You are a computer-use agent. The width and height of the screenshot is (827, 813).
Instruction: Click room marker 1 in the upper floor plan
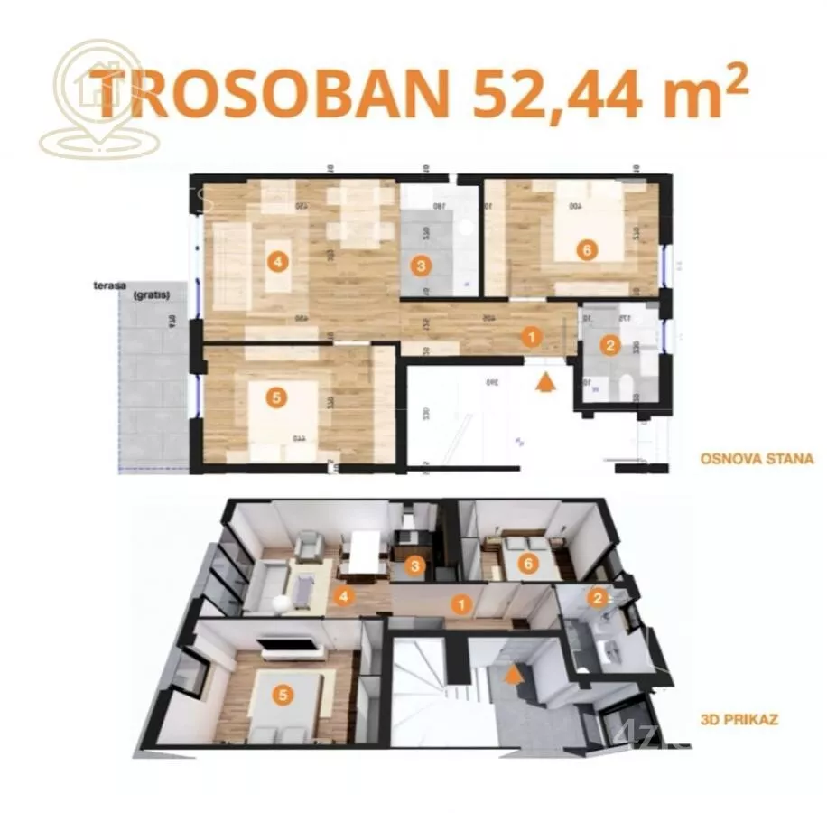[x=532, y=338]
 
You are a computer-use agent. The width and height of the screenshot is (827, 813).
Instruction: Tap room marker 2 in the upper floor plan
[x=610, y=344]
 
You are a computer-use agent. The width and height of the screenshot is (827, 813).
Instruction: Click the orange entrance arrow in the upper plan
[x=544, y=382]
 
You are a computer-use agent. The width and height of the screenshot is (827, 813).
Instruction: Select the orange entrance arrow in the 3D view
[x=514, y=673]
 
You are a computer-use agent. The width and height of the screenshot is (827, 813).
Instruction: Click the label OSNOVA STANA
[x=757, y=459]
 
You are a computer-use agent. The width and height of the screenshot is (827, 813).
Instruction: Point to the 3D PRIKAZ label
[x=739, y=721]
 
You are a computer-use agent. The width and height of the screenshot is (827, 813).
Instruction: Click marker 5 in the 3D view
[x=284, y=696]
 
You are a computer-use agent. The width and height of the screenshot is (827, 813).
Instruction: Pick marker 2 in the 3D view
[x=596, y=597]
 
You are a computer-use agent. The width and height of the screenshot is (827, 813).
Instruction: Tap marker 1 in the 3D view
[x=461, y=604]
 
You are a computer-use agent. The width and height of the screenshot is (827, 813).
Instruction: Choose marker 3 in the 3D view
[x=413, y=567]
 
